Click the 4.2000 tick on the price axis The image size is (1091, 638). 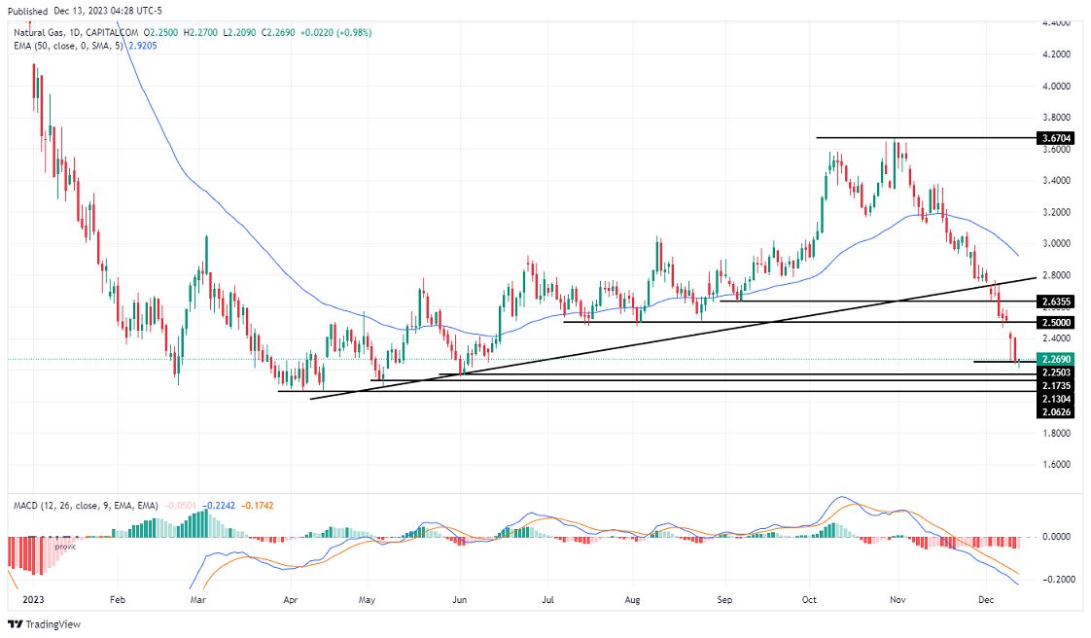pos(1056,54)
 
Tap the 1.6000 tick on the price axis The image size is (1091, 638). pos(1056,464)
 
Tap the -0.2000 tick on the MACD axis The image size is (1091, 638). pos(1057,580)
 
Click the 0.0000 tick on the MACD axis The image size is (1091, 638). pos(1057,537)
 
